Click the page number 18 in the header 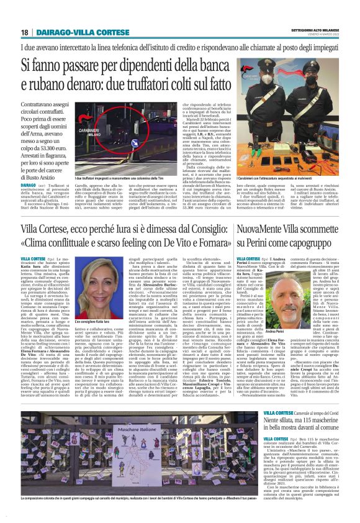click(24, 32)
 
